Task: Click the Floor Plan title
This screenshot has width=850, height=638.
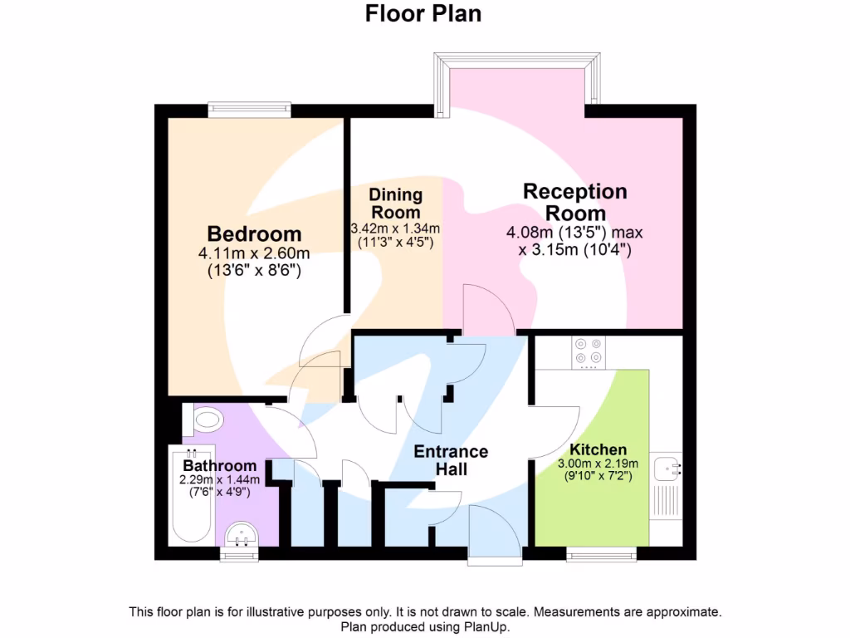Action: (423, 14)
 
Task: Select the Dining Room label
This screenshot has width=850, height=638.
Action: (396, 204)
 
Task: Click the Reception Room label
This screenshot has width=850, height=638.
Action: (575, 202)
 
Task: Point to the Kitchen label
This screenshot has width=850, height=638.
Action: (598, 449)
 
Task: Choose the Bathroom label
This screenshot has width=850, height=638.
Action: (220, 466)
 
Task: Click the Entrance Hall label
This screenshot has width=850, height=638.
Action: (451, 461)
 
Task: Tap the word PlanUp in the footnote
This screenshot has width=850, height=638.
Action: (484, 627)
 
